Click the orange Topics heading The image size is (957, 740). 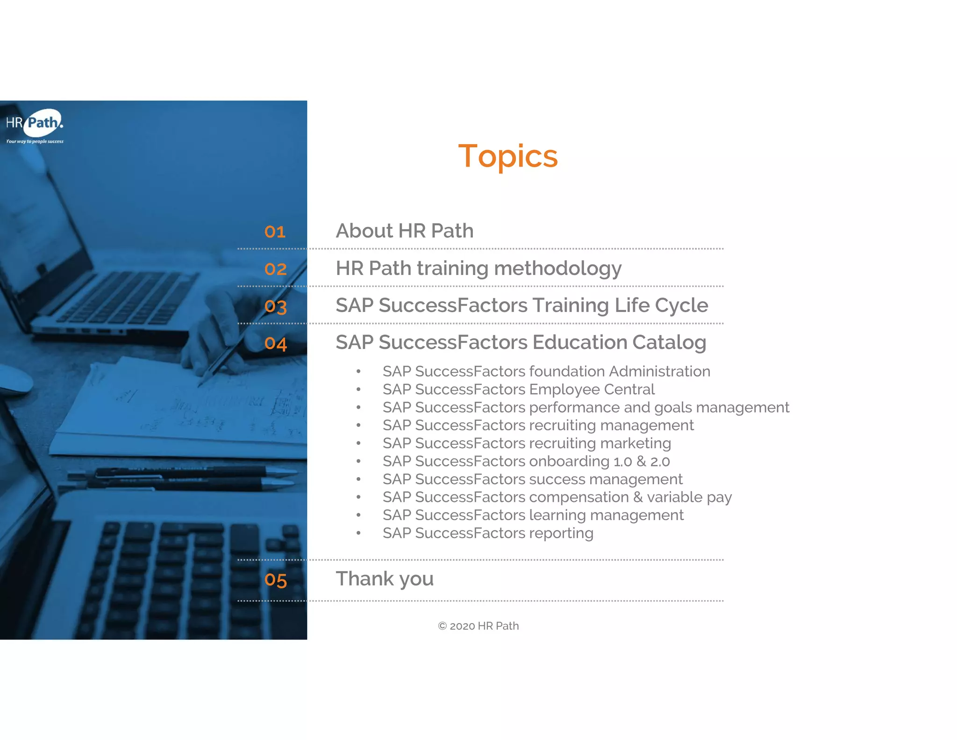pyautogui.click(x=507, y=156)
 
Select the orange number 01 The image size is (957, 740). pyautogui.click(x=275, y=232)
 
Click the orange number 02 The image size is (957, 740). pyautogui.click(x=275, y=269)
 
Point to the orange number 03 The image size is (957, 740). pyautogui.click(x=275, y=306)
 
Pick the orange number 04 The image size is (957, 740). pyautogui.click(x=275, y=344)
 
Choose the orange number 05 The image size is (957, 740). pyautogui.click(x=275, y=580)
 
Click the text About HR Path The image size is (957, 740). pyautogui.click(x=405, y=231)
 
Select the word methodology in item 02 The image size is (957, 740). pyautogui.click(x=557, y=268)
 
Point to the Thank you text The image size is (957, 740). pyautogui.click(x=385, y=579)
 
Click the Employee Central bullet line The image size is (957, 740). pyautogui.click(x=518, y=389)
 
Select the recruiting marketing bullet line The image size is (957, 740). pyautogui.click(x=527, y=443)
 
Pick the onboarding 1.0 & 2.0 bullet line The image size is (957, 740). pyautogui.click(x=526, y=461)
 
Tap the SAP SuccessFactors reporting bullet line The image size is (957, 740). pyautogui.click(x=488, y=533)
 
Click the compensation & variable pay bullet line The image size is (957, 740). pyautogui.click(x=557, y=497)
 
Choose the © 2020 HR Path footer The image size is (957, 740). pyautogui.click(x=478, y=626)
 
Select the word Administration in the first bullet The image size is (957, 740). pyautogui.click(x=659, y=371)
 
